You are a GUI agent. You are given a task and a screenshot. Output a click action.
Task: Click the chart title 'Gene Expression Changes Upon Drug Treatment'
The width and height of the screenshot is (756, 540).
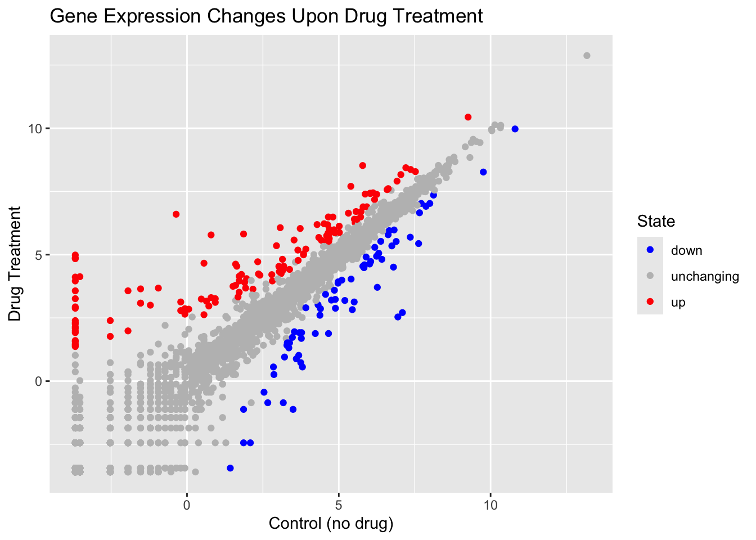pyautogui.click(x=266, y=16)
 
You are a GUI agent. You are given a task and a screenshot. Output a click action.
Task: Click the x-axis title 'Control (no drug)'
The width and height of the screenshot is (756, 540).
pyautogui.click(x=331, y=524)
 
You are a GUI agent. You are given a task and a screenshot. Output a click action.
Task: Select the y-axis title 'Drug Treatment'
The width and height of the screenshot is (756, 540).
pyautogui.click(x=15, y=263)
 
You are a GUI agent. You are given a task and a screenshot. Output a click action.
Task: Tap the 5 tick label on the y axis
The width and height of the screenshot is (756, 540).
pyautogui.click(x=39, y=255)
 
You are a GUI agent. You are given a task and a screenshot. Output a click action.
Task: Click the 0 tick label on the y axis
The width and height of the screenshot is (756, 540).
pyautogui.click(x=39, y=381)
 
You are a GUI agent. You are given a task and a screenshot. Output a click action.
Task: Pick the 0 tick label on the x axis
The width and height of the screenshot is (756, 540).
pyautogui.click(x=187, y=505)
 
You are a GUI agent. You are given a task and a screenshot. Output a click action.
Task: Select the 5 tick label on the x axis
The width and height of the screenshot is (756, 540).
pyautogui.click(x=339, y=505)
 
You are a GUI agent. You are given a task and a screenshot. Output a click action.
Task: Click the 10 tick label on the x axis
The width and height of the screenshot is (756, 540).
pyautogui.click(x=490, y=505)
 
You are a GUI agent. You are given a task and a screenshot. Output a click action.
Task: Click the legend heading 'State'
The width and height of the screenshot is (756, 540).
pyautogui.click(x=656, y=222)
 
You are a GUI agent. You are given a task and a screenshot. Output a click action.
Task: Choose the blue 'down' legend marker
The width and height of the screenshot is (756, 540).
pyautogui.click(x=650, y=250)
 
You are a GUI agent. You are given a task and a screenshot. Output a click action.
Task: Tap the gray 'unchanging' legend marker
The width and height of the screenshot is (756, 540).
pyautogui.click(x=650, y=276)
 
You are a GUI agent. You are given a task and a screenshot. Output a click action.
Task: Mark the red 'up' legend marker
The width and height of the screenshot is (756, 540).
pyautogui.click(x=650, y=302)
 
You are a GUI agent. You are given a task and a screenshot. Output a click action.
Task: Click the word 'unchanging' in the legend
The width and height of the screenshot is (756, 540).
pyautogui.click(x=705, y=276)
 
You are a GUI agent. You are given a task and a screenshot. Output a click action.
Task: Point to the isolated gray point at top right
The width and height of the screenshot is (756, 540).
pyautogui.click(x=587, y=56)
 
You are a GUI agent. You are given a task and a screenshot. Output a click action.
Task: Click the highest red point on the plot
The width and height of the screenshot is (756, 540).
pyautogui.click(x=468, y=117)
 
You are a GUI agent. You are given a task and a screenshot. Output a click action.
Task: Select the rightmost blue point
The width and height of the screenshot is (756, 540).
pyautogui.click(x=515, y=129)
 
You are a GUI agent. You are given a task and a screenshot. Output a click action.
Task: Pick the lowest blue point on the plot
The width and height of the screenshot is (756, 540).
pyautogui.click(x=230, y=468)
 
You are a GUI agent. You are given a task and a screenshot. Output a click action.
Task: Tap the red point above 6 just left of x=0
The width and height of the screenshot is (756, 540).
pyautogui.click(x=176, y=214)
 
